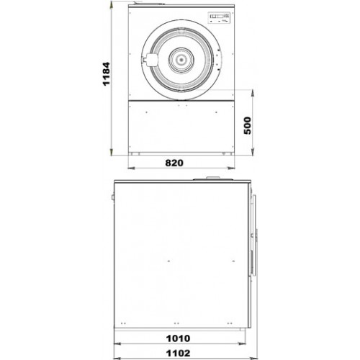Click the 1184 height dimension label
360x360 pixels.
(106, 73)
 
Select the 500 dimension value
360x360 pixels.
(247, 125)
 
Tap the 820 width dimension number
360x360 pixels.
(174, 163)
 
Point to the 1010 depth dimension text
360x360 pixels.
(179, 338)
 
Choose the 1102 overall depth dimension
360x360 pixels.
(179, 354)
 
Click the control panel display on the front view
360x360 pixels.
(219, 18)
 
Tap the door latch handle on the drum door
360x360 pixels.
(149, 60)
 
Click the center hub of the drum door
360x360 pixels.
(181, 60)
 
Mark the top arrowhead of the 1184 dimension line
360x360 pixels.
(112, 4)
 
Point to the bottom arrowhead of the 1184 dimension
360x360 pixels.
(112, 152)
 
